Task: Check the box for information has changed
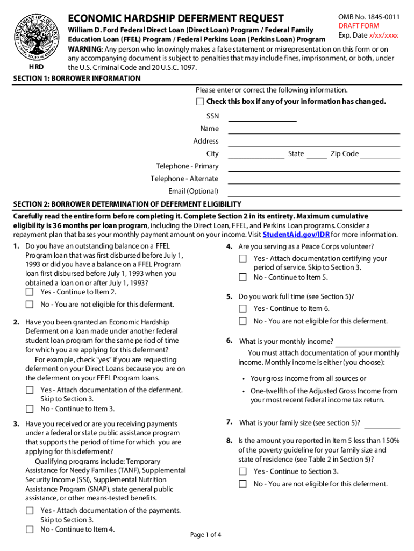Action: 200,102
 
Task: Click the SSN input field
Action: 262,117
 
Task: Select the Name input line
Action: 314,130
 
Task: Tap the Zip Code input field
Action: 380,155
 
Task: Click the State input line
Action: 317,155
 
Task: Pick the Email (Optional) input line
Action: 314,192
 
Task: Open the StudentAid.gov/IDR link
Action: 296,235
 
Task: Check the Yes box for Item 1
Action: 30,292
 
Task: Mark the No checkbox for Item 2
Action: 30,408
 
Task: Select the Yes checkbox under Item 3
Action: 30,511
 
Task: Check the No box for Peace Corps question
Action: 243,278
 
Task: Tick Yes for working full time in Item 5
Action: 243,309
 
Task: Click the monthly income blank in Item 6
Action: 368,343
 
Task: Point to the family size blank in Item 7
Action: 382,423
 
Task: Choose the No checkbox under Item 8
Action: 243,484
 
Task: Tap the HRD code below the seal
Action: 37,67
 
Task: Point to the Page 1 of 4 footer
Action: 206,535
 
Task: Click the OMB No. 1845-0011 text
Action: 369,17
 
